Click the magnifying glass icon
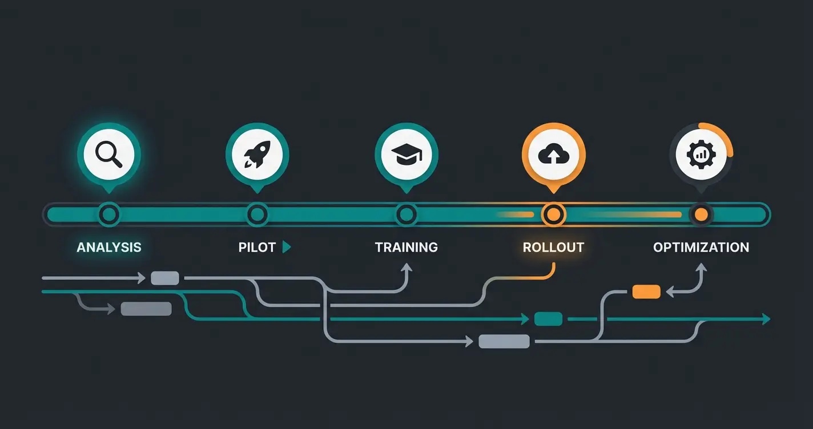(108, 154)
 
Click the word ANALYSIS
(108, 248)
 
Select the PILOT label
(257, 248)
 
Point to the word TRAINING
(406, 248)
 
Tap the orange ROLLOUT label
(553, 248)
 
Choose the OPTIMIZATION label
(701, 248)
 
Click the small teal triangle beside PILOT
(287, 247)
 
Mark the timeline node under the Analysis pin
(108, 214)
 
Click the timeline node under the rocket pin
(257, 214)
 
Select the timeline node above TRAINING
(406, 214)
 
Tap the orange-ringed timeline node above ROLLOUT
(553, 214)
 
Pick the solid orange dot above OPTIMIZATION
(701, 214)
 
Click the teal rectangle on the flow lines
(548, 319)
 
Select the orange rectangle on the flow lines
(646, 292)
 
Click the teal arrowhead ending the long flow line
(766, 319)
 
